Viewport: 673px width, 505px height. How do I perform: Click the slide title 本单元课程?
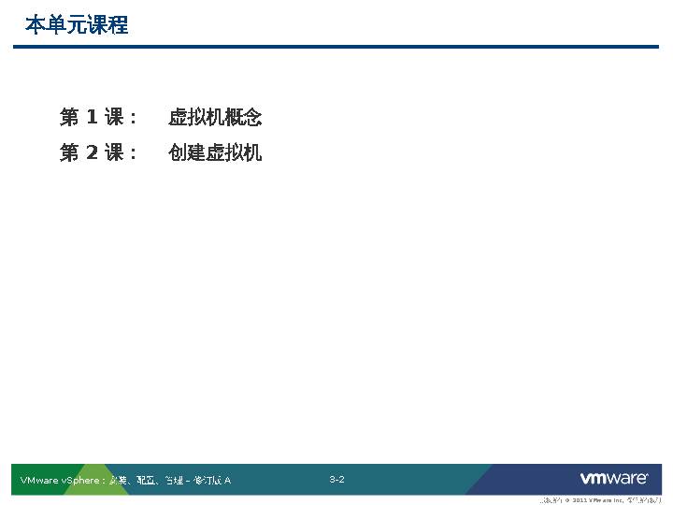click(x=77, y=25)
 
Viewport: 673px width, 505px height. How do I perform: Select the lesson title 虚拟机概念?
click(x=215, y=118)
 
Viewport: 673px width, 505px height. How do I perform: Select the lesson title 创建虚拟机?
click(x=215, y=152)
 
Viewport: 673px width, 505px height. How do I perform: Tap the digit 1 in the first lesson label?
click(x=92, y=118)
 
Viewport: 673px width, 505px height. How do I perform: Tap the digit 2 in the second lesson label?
click(x=92, y=152)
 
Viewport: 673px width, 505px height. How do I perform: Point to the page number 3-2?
click(x=336, y=480)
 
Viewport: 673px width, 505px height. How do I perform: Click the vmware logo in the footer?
click(x=614, y=479)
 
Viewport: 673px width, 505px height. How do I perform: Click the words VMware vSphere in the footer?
click(x=59, y=481)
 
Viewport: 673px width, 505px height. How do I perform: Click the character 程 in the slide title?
click(x=118, y=25)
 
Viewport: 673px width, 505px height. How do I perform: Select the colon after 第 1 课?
click(x=133, y=119)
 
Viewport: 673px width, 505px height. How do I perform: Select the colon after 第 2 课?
click(x=133, y=153)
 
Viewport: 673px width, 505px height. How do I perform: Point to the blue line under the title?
click(x=336, y=46)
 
